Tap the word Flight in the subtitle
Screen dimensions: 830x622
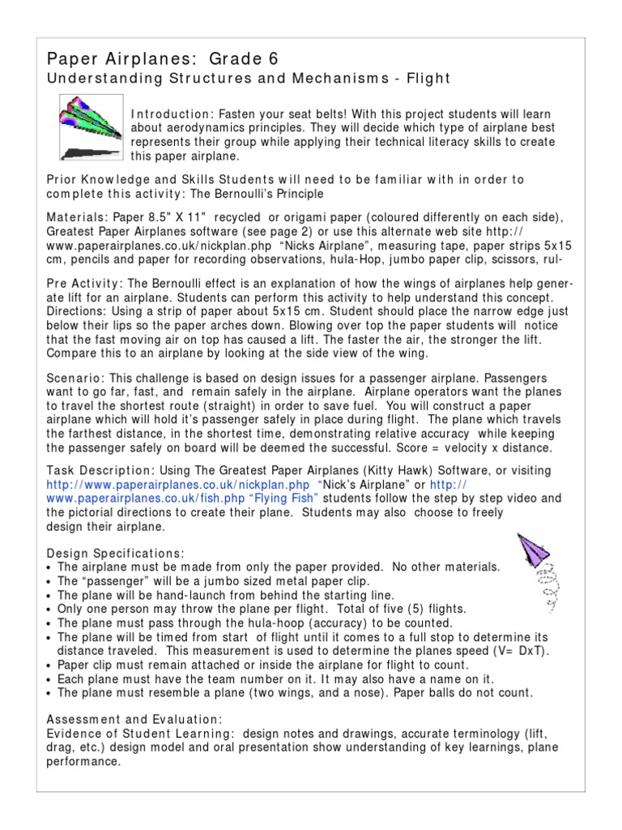pos(422,78)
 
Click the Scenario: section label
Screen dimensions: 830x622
pos(75,379)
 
